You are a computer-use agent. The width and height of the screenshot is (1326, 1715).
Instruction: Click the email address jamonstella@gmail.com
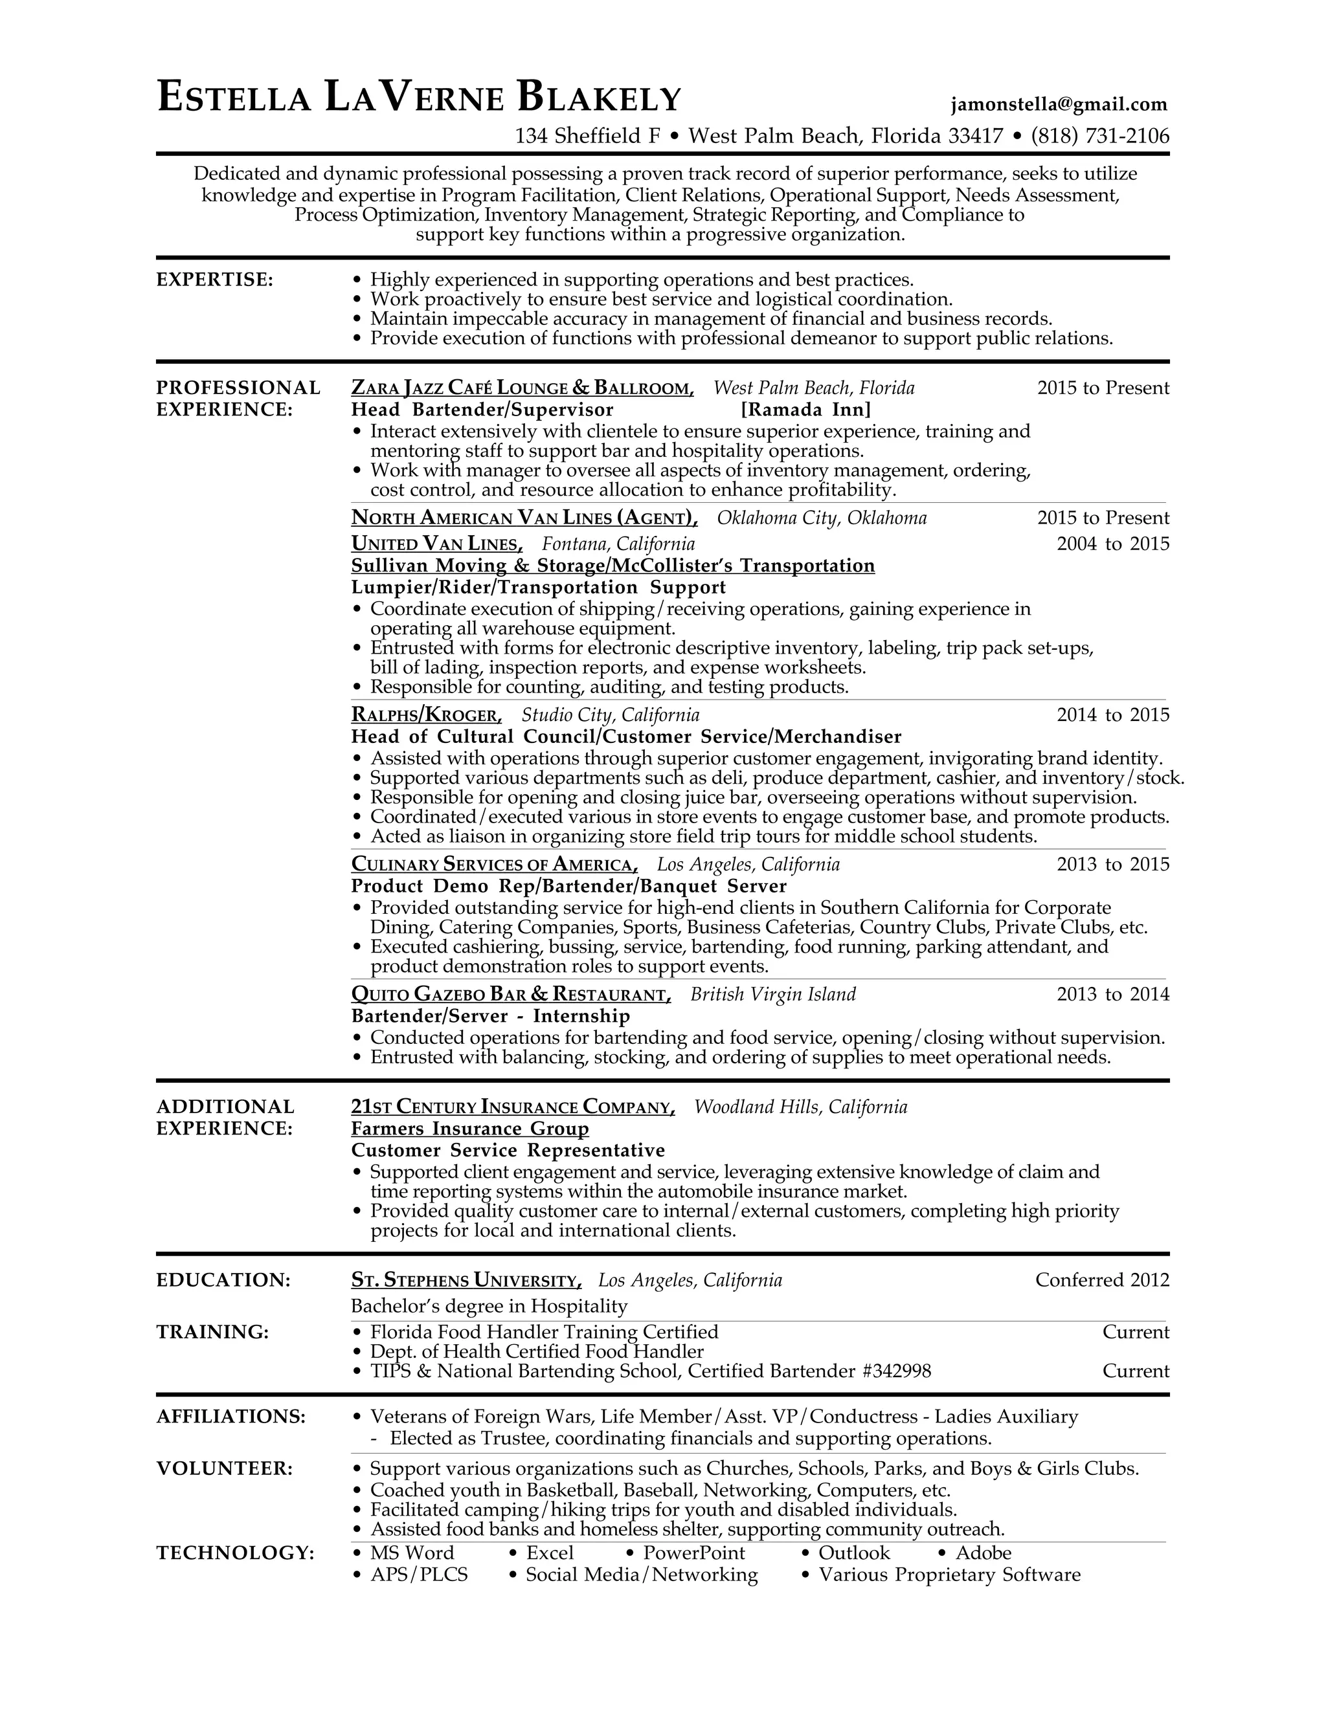(x=1059, y=104)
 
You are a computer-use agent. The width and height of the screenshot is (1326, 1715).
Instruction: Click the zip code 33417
(x=976, y=137)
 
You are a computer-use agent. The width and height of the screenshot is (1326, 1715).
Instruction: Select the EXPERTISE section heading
(x=214, y=280)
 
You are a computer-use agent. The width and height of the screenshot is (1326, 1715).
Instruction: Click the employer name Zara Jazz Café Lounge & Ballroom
(x=523, y=388)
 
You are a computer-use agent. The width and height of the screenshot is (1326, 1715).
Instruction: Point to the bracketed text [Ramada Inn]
(x=806, y=410)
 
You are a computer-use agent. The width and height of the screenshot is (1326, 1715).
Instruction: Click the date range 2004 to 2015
(x=1112, y=544)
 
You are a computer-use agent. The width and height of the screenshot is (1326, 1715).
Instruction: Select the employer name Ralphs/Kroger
(x=426, y=715)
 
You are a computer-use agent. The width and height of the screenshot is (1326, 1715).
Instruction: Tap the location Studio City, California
(x=611, y=715)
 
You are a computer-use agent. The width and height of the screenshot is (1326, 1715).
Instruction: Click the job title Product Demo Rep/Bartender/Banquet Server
(x=568, y=887)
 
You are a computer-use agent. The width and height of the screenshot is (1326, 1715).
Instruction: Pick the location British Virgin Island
(x=773, y=995)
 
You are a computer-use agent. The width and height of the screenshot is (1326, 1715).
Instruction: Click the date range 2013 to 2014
(x=1112, y=995)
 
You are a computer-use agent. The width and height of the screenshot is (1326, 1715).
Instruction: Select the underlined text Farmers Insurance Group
(x=470, y=1129)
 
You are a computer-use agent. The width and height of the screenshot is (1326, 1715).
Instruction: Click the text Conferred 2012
(x=1101, y=1281)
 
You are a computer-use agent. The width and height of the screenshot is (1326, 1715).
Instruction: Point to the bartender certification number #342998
(x=896, y=1371)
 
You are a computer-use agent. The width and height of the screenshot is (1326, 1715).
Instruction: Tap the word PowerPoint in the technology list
(x=693, y=1553)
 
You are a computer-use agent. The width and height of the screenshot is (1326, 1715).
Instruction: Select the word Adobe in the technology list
(x=983, y=1553)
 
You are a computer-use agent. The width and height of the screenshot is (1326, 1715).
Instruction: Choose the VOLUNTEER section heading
(x=225, y=1468)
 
